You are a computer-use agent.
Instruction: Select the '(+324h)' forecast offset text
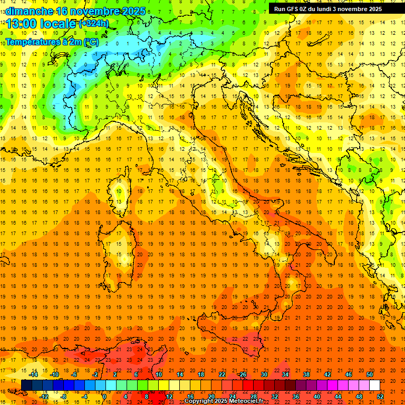[x=93, y=23]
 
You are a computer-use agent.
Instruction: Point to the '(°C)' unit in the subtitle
[x=90, y=41]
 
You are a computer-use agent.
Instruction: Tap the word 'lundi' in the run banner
[x=333, y=9]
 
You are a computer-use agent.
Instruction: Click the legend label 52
[x=380, y=397]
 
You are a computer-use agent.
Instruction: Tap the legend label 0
[x=105, y=397]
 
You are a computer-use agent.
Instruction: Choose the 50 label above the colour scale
[x=370, y=374]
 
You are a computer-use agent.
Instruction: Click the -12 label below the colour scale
[x=44, y=397]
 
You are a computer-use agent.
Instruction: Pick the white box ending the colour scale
[x=374, y=385]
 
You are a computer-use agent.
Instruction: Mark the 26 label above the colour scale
[x=242, y=374]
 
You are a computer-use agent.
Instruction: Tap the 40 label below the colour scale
[x=317, y=397]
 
